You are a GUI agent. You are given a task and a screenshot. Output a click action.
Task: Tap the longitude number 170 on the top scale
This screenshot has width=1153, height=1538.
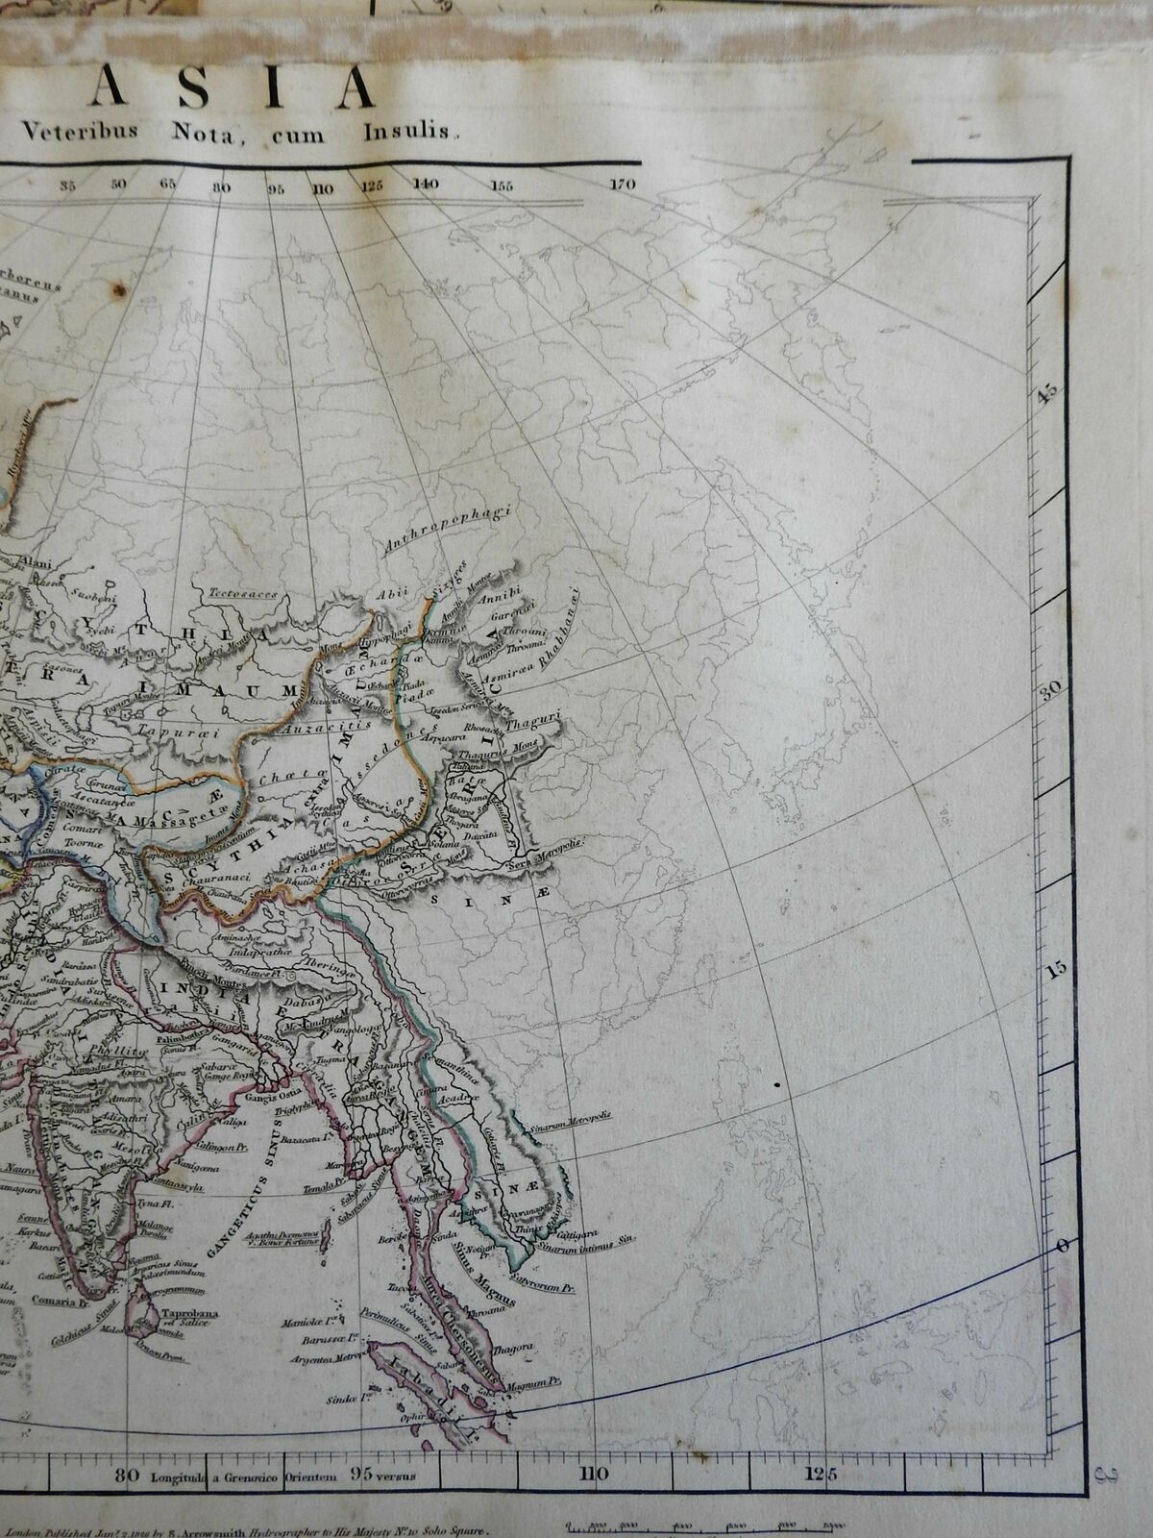pos(623,185)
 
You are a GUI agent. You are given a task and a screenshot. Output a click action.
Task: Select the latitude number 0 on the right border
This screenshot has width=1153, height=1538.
pos(1063,1247)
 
